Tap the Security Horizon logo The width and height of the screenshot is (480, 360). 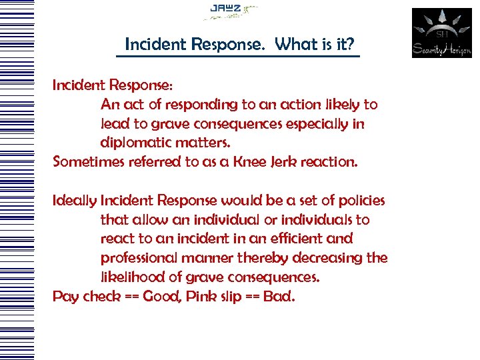(441, 33)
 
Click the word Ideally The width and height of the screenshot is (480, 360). (75, 201)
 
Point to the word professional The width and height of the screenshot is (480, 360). (141, 257)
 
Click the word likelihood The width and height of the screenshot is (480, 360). (132, 277)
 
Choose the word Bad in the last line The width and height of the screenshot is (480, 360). (279, 295)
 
